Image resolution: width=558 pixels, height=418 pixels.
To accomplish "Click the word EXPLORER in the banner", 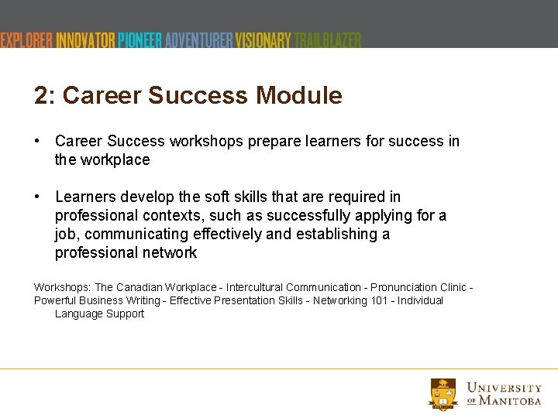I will click(x=26, y=40).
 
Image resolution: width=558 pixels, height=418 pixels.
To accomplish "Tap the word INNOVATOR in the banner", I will click(x=86, y=40).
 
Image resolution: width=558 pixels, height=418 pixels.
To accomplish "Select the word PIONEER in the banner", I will click(x=140, y=40).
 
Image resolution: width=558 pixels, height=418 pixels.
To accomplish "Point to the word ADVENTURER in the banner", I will click(x=198, y=40).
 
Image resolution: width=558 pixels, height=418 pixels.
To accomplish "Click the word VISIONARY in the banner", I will click(x=263, y=40).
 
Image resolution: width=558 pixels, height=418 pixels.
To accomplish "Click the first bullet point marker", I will click(x=37, y=141).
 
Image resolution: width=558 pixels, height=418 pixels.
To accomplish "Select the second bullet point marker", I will click(x=37, y=197).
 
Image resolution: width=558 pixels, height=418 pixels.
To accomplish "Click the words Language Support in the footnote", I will click(x=99, y=313).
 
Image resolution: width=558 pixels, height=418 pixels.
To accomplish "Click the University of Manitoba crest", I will click(x=443, y=393).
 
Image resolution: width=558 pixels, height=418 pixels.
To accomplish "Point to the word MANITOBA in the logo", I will click(x=511, y=401).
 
